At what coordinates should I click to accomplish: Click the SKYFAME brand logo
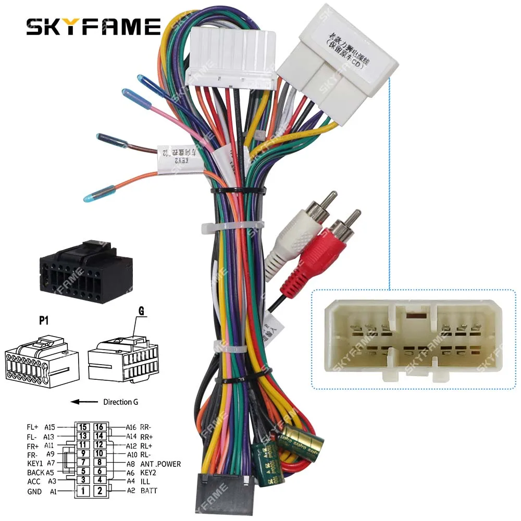(94, 27)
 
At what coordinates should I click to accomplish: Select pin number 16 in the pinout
(100, 427)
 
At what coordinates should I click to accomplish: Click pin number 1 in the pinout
(82, 490)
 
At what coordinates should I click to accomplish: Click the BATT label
(148, 490)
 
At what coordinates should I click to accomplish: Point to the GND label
(34, 491)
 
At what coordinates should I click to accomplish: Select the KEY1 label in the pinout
(35, 463)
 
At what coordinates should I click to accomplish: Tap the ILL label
(146, 481)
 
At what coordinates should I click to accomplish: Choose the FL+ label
(33, 427)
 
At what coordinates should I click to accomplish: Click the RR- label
(146, 427)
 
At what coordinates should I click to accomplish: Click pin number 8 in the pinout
(100, 463)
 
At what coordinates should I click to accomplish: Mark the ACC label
(34, 481)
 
